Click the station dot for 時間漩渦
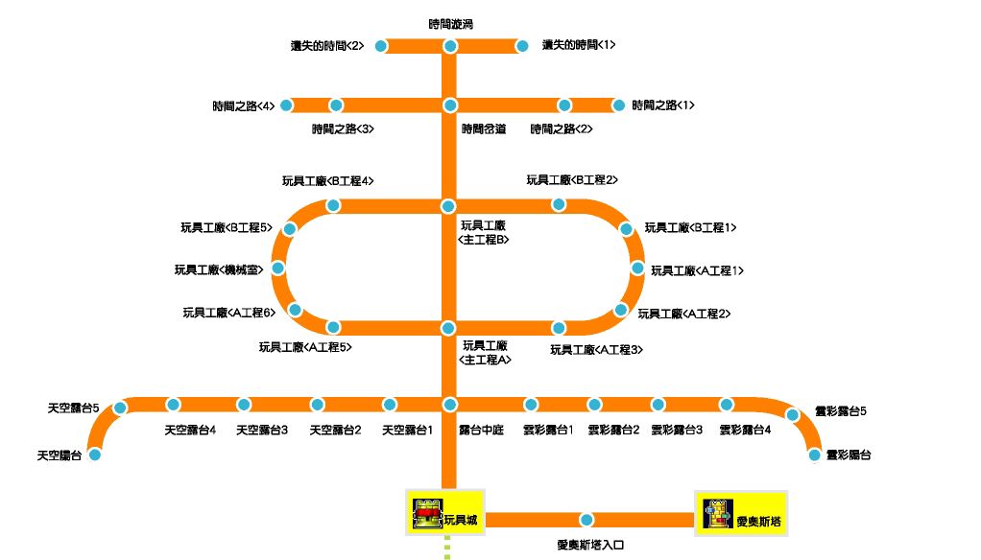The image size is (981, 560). tap(449, 46)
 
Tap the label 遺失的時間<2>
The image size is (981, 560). tap(327, 45)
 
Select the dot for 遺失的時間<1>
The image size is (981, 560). tap(522, 46)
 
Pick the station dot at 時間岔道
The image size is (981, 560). tap(449, 105)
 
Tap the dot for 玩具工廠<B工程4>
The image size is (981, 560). tap(333, 205)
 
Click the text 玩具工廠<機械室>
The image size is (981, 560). tap(219, 270)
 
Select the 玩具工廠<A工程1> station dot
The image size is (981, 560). tap(636, 268)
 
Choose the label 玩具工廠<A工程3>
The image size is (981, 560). tap(595, 350)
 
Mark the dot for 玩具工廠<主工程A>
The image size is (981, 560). tap(447, 328)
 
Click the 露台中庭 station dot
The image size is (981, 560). tap(448, 405)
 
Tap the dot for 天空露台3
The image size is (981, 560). tap(244, 405)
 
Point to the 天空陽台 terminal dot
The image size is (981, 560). tap(95, 455)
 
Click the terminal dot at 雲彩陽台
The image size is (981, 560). tap(815, 455)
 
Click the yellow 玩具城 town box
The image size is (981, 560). tap(445, 514)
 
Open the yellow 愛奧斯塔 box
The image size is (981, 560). tap(741, 514)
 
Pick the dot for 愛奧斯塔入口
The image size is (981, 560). tap(586, 520)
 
